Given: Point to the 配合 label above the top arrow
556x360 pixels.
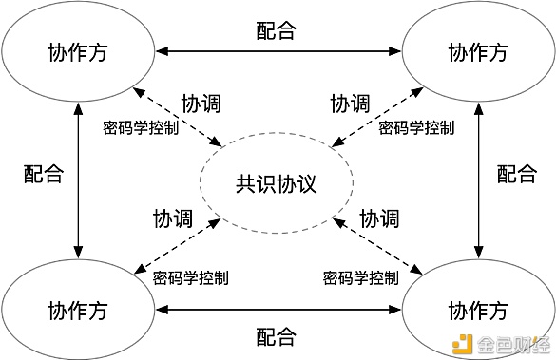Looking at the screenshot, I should click(277, 30).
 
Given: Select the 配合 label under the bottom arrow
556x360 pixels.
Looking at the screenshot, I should click(277, 336).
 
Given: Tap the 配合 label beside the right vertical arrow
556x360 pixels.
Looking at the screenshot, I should click(517, 174).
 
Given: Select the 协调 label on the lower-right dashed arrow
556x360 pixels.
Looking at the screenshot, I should click(378, 218).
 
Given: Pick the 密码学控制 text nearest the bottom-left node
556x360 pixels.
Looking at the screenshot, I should click(190, 278).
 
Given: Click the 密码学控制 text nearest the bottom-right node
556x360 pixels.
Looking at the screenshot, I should click(360, 278).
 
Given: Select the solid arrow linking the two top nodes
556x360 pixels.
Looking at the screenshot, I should click(277, 49).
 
